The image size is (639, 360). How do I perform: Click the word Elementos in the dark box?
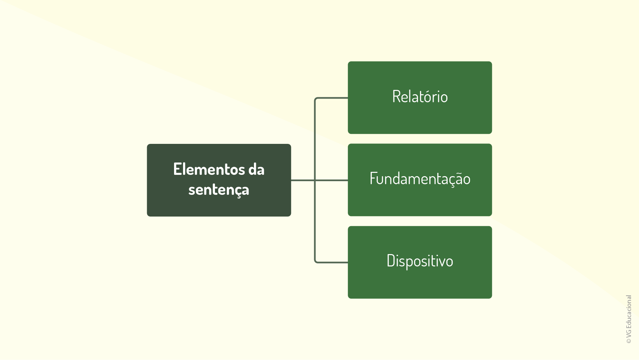pyautogui.click(x=209, y=169)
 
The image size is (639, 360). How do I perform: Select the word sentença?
pyautogui.click(x=219, y=190)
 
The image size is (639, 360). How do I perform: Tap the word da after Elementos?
pyautogui.click(x=256, y=169)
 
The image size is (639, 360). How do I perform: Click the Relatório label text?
pyautogui.click(x=420, y=97)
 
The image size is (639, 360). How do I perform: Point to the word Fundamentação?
pyautogui.click(x=420, y=179)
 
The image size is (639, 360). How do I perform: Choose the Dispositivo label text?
pyautogui.click(x=420, y=261)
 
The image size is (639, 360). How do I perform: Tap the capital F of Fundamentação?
pyautogui.click(x=373, y=179)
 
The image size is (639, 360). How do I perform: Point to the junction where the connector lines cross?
pyautogui.click(x=315, y=180)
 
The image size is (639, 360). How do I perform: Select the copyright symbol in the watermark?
pyautogui.click(x=629, y=341)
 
